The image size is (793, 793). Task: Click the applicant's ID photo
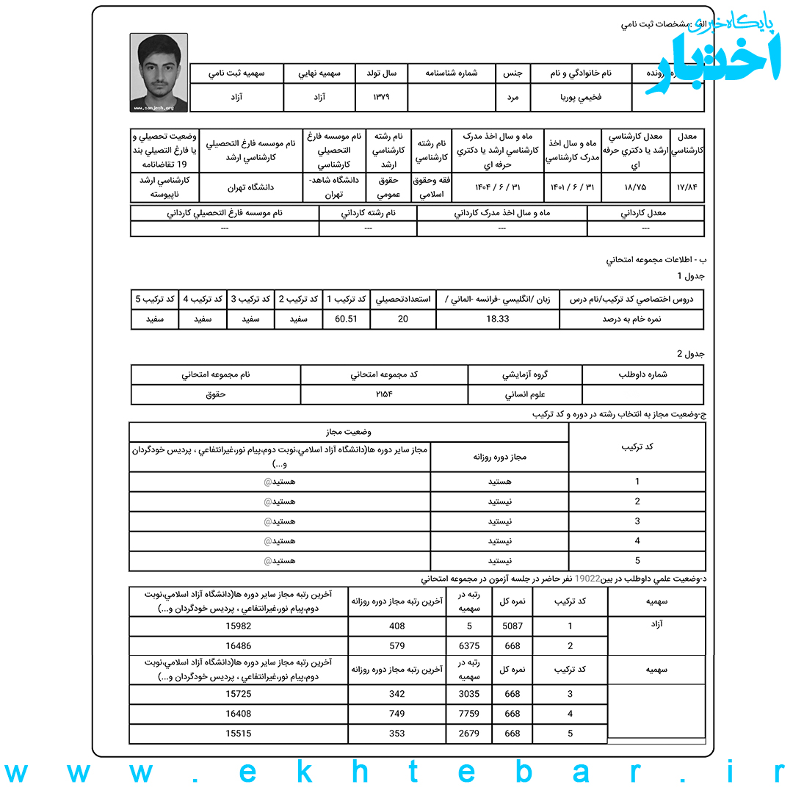pos(159,73)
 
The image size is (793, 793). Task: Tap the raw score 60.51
pos(346,319)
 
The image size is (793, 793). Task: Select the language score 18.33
pos(497,319)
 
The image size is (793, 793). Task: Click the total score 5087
pos(513,626)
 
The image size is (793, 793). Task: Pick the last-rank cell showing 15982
pos(239,626)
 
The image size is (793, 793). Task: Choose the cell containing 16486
pos(239,646)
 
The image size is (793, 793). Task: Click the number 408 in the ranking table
pos(397,626)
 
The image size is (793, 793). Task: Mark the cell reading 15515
pos(239,733)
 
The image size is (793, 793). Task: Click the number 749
pos(397,713)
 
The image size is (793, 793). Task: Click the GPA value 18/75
pos(635,186)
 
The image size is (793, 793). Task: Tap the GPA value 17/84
pos(688,186)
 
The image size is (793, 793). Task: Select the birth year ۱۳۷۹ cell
pos(380,97)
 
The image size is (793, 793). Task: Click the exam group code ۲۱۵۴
pos(384,394)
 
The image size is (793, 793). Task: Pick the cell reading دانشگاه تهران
pos(250,187)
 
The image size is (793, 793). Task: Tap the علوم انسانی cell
pos(525,394)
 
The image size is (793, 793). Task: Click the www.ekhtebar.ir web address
pos(396,773)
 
